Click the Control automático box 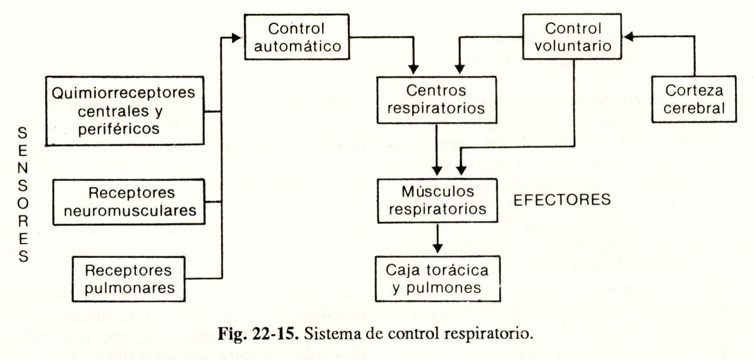[297, 37]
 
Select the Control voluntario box [572, 37]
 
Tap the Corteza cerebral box [694, 99]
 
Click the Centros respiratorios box [437, 99]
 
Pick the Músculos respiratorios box [437, 200]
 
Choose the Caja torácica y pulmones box [437, 278]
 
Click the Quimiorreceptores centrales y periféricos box [125, 111]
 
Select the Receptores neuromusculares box [129, 202]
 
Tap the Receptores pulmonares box [128, 278]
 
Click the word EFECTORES [562, 200]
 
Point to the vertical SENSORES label [23, 194]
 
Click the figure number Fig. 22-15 [258, 333]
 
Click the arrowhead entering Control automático [236, 37]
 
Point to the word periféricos [119, 129]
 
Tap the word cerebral [694, 108]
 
